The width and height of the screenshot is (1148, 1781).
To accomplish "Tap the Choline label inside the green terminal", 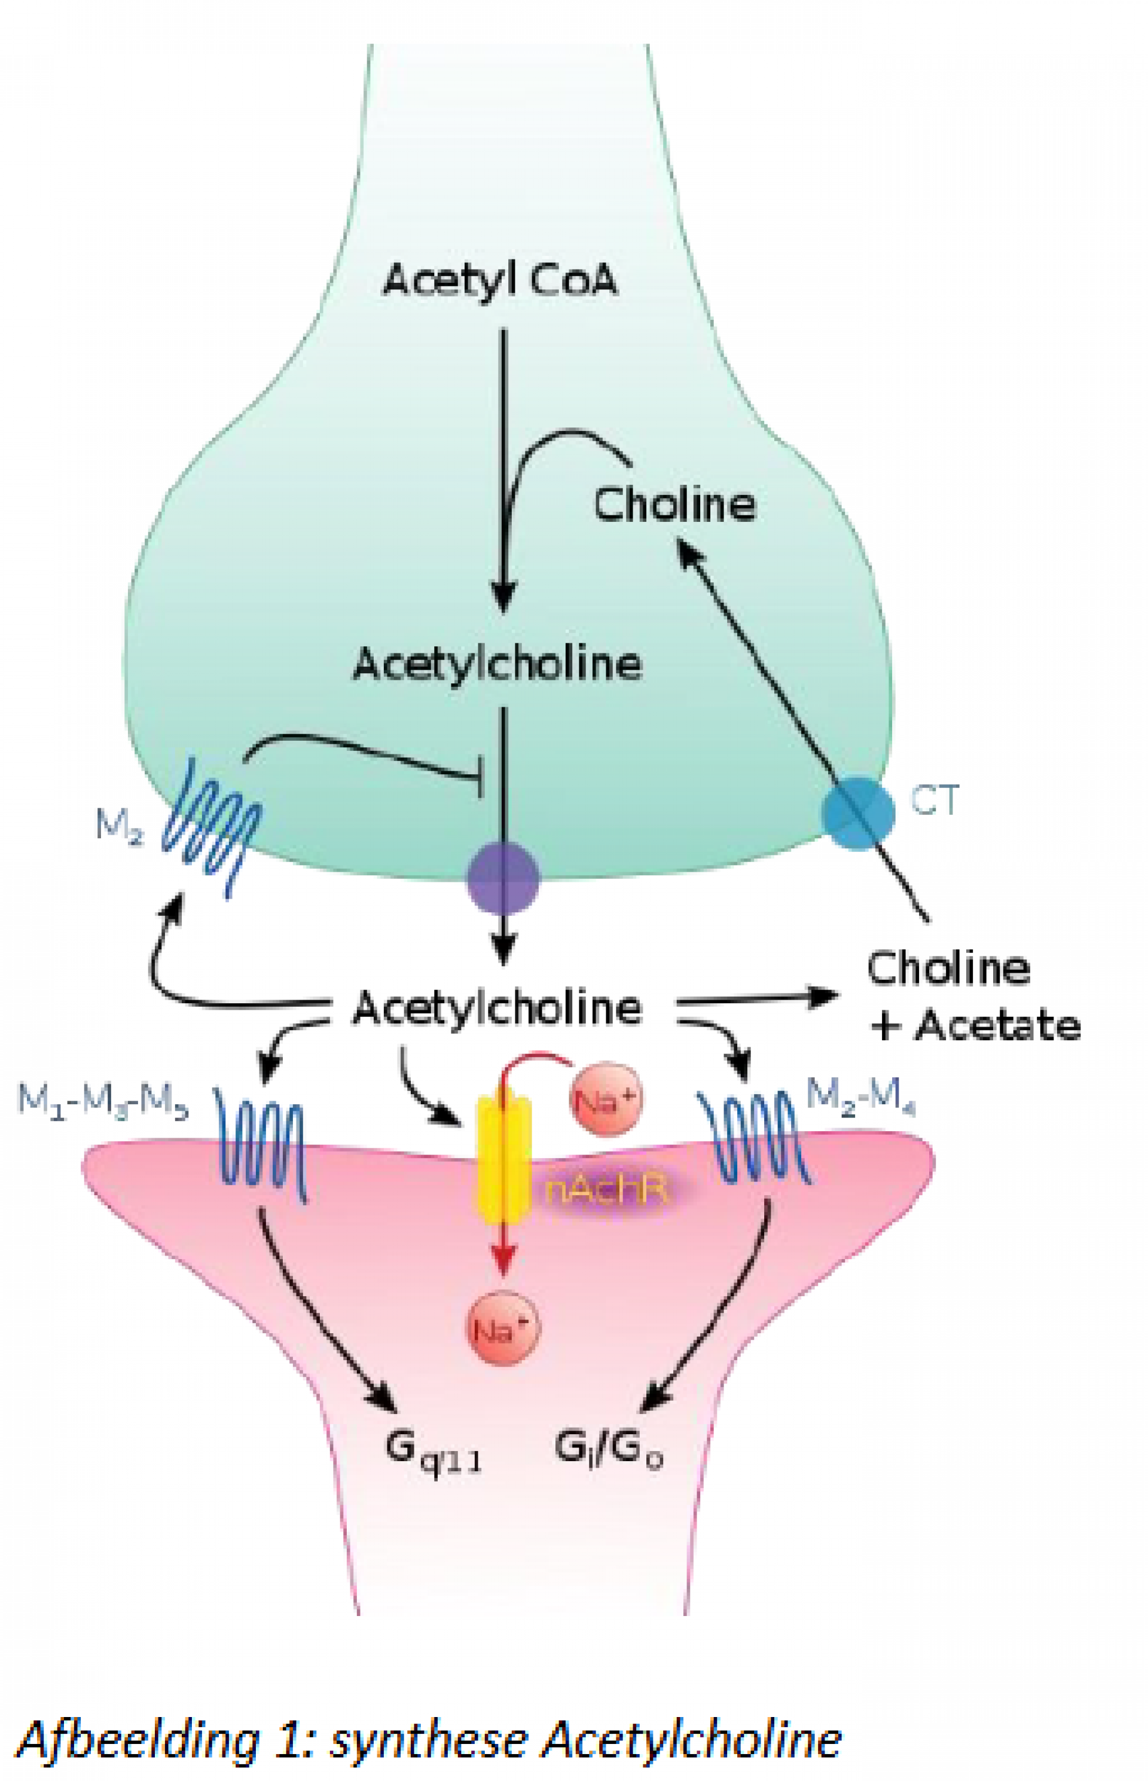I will coord(674,505).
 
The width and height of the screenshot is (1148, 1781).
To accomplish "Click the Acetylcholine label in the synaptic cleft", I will coord(497,1008).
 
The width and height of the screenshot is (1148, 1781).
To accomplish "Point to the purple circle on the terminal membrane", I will coord(503,878).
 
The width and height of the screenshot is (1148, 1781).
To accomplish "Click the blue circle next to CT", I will coord(858,813).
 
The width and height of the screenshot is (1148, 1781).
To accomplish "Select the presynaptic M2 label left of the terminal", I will coord(119,825).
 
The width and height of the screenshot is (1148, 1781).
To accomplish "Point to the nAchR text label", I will coord(605,1190).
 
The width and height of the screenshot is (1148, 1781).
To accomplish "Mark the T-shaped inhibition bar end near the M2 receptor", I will coord(481,777).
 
